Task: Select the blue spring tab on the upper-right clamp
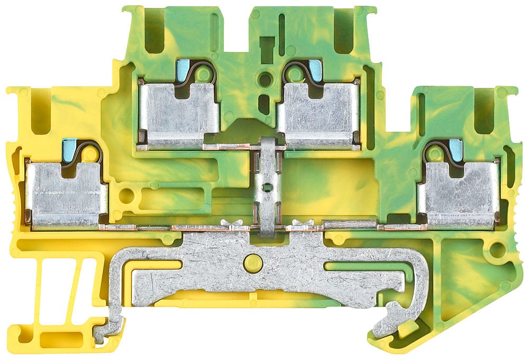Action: (x=315, y=67)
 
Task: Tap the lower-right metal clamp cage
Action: (x=460, y=193)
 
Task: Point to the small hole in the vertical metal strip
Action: (x=268, y=187)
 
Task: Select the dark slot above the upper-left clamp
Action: (x=154, y=32)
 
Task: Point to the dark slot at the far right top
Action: (x=484, y=112)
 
